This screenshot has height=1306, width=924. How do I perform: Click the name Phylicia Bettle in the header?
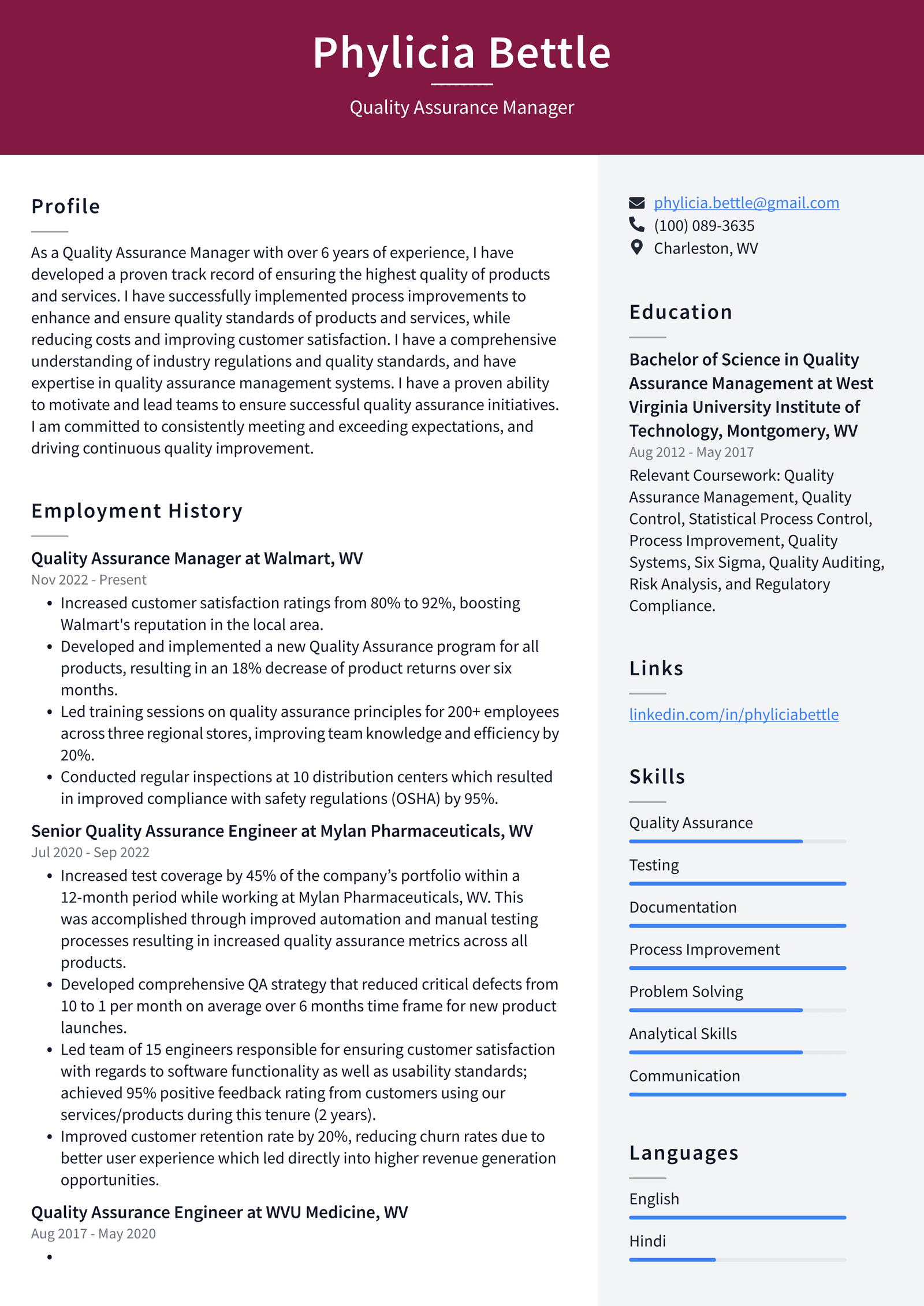(461, 53)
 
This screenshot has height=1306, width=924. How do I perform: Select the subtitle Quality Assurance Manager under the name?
(461, 107)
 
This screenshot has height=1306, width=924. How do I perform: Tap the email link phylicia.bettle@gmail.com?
(746, 203)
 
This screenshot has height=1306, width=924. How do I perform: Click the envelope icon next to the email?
(636, 203)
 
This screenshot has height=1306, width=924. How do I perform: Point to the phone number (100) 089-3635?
(704, 226)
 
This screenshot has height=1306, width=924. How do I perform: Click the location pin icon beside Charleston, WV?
(636, 248)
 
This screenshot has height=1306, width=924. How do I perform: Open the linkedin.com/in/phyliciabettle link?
(733, 715)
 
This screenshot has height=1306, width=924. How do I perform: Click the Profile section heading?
(66, 207)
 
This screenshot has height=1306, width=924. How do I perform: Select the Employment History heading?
(137, 511)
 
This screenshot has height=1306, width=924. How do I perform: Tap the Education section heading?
(681, 312)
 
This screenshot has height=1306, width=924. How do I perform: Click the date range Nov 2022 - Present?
(89, 580)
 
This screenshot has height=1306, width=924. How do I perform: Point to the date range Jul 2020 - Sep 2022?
(90, 853)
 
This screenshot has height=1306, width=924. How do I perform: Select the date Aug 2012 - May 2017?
(691, 452)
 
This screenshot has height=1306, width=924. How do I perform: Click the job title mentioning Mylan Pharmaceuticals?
(282, 831)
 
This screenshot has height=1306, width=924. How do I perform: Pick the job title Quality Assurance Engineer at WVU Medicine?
(219, 1212)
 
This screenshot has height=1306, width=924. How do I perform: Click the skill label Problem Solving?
(686, 992)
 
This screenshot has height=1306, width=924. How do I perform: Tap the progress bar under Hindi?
(737, 1260)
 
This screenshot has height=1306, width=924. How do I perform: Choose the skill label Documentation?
(683, 907)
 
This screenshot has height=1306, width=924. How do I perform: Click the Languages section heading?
(684, 1154)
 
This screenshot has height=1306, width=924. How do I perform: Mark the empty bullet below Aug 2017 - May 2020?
(50, 1257)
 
